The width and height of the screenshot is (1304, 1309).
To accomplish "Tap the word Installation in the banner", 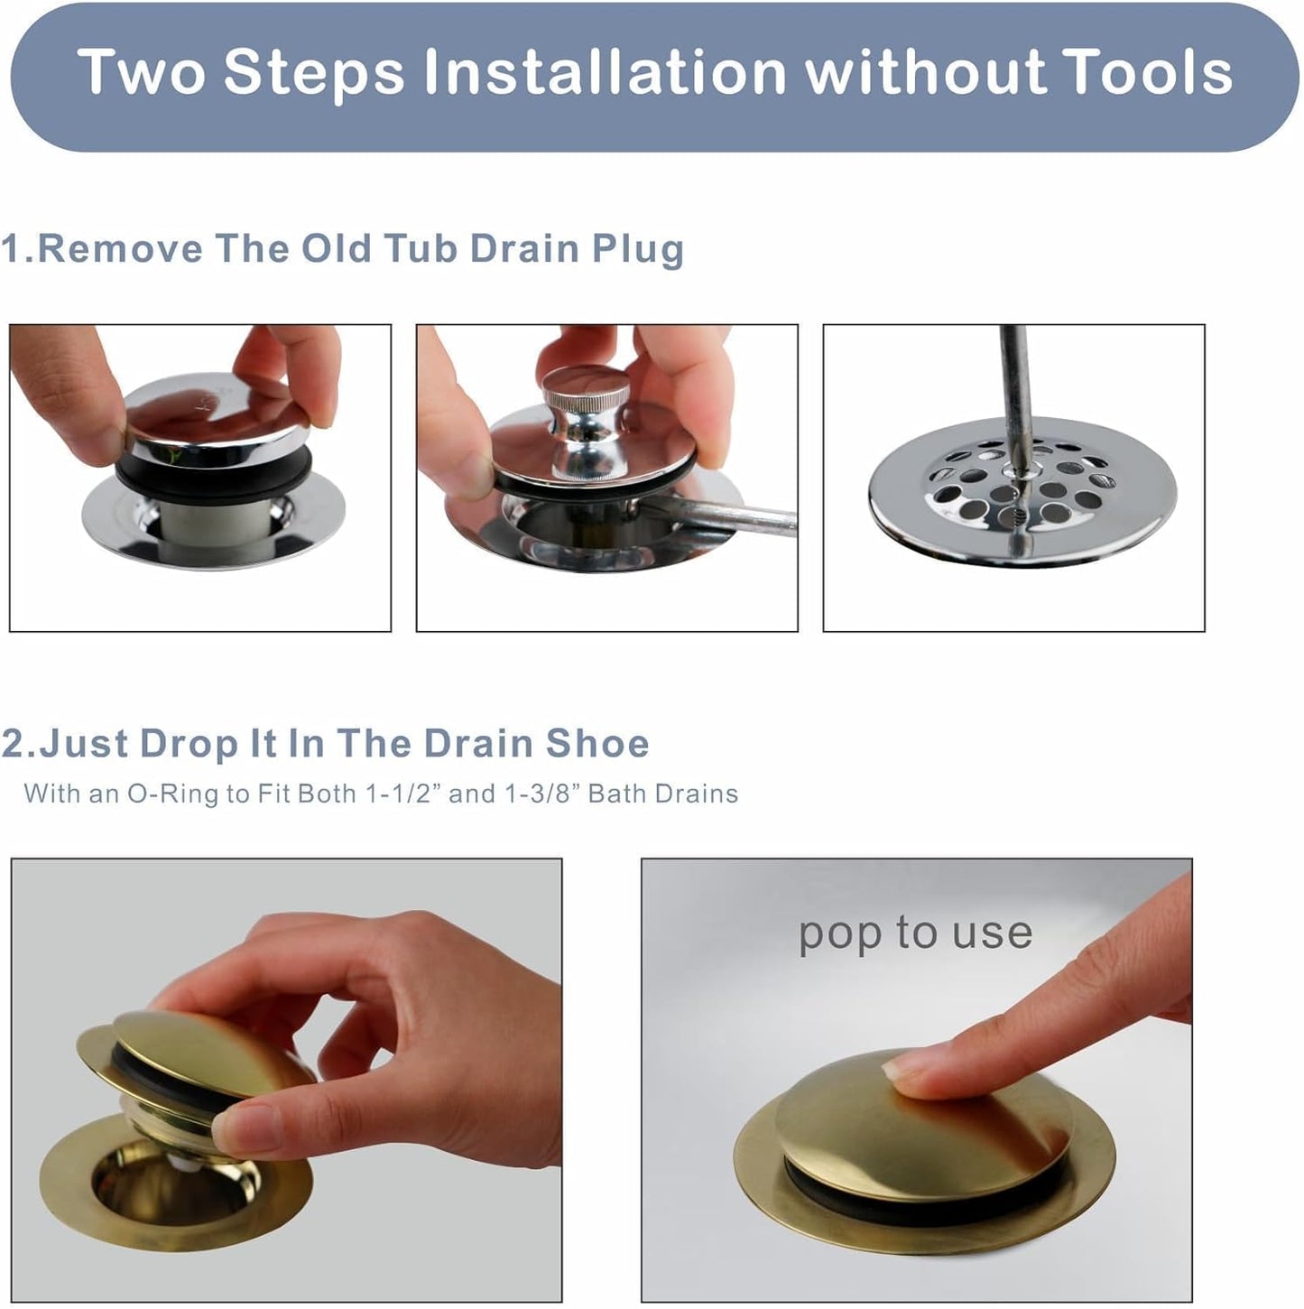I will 606,72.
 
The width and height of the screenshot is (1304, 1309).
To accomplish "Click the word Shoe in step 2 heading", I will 597,744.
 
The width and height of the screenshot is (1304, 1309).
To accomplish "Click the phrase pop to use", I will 915,933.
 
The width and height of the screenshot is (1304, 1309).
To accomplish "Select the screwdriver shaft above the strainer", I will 1015,379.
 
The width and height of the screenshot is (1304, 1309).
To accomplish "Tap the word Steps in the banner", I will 314,72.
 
